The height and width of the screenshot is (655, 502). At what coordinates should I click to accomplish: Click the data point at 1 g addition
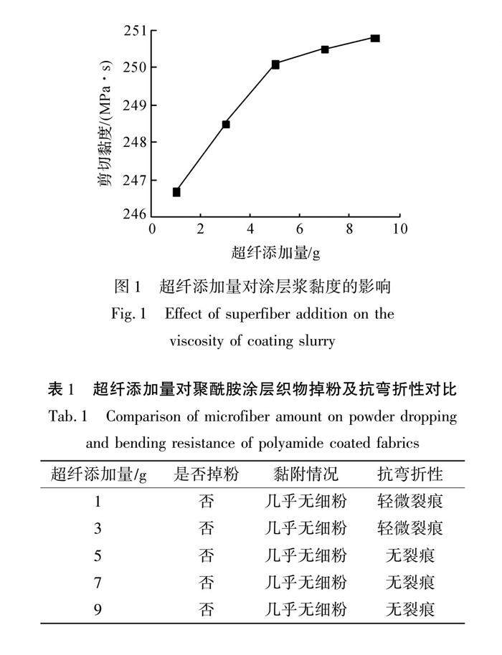176,192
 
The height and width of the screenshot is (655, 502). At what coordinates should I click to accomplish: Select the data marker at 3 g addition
226,124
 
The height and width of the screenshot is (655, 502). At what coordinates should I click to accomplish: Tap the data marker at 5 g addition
275,64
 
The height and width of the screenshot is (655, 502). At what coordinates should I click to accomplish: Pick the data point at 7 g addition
325,49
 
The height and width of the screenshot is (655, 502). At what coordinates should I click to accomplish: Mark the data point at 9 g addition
375,38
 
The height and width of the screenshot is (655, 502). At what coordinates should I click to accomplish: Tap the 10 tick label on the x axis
399,229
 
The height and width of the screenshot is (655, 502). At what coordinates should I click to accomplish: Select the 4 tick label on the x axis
250,229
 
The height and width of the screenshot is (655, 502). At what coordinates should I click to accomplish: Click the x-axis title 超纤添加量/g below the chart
275,252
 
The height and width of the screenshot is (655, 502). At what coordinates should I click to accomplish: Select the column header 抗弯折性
410,474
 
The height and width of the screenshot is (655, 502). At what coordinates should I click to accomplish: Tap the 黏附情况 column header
306,474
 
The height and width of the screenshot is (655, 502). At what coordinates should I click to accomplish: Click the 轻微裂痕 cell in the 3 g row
410,528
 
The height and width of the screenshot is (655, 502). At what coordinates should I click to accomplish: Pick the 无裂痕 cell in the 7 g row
410,583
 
